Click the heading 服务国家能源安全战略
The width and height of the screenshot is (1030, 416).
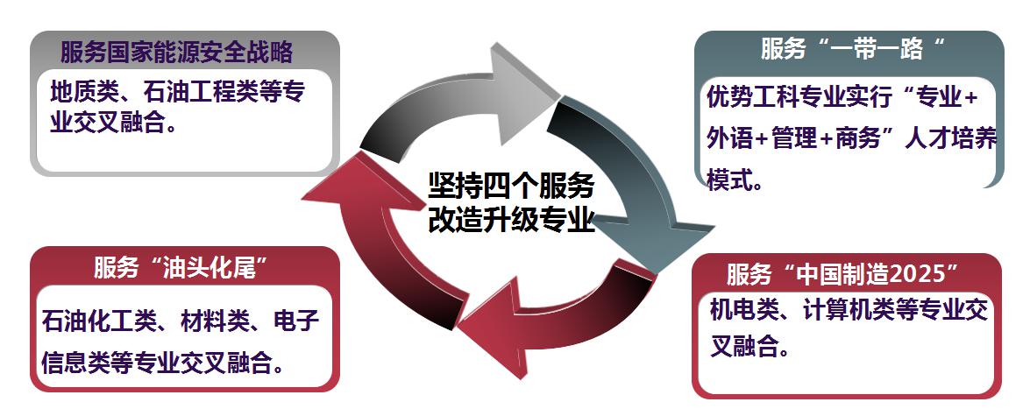[176, 52]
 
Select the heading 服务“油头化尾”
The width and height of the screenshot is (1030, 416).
[180, 268]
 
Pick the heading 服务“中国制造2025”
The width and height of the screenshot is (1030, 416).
[840, 274]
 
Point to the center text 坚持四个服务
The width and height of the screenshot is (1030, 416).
[510, 186]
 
